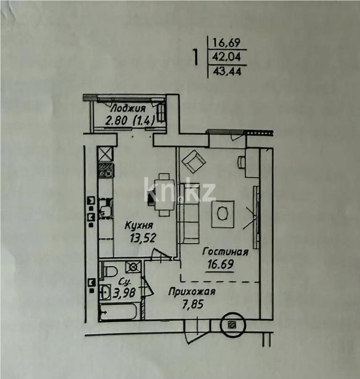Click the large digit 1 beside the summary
[x=195, y=57]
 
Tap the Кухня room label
[x=139, y=225]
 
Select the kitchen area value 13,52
[x=143, y=238]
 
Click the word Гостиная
[x=225, y=252]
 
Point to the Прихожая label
[x=192, y=291]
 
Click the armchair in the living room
[x=193, y=161]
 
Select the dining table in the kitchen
[x=162, y=194]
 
